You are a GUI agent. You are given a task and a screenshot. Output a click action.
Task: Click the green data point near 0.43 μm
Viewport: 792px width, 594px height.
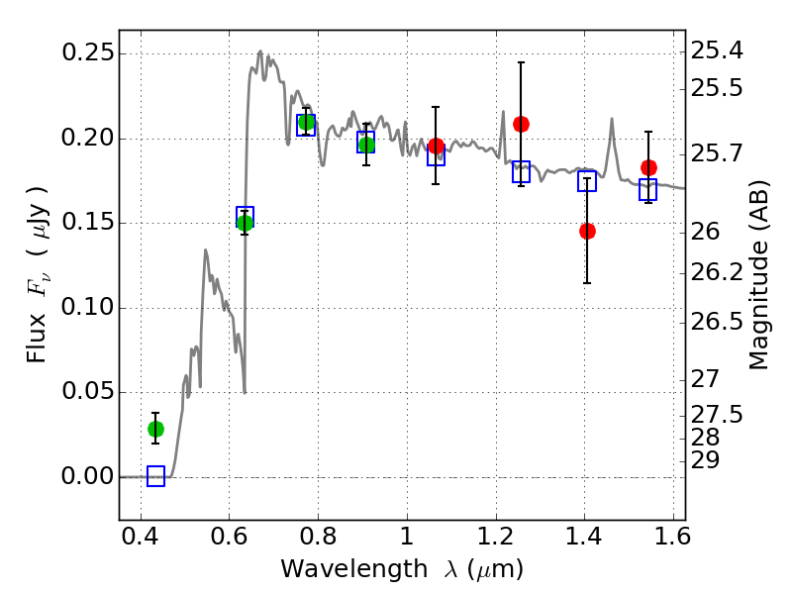[x=155, y=429]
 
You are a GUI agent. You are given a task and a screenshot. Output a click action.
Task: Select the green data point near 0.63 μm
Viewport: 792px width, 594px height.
[x=245, y=223]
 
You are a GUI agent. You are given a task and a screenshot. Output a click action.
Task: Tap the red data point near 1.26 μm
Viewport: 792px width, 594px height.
[x=521, y=124]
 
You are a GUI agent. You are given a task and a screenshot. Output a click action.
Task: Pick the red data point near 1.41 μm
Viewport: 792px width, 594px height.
[x=587, y=231]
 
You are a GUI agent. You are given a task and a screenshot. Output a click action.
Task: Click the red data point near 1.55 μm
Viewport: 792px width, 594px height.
[x=648, y=167]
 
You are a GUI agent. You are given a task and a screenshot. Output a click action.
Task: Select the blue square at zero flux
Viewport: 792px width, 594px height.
[x=155, y=476]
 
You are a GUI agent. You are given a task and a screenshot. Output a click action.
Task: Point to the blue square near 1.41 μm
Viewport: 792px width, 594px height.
[x=587, y=181]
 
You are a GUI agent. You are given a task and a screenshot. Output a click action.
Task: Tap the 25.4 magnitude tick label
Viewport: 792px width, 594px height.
[x=716, y=49]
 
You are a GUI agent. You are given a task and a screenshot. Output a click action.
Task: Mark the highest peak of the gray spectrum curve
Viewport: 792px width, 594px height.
[x=260, y=51]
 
